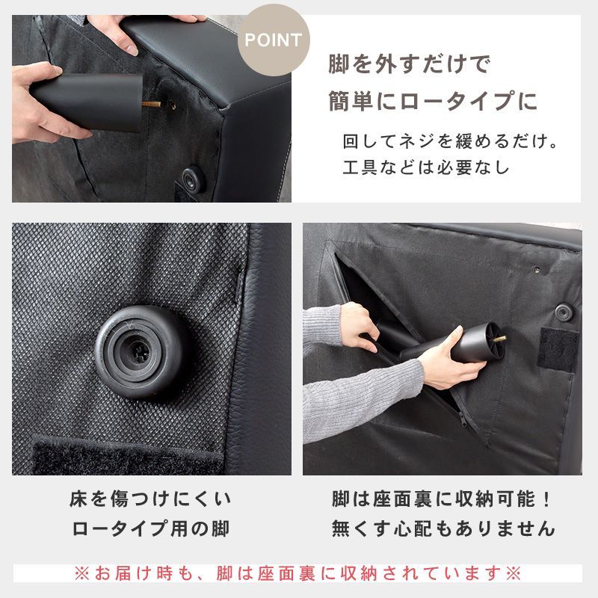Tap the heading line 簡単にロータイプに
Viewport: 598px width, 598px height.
pos(433,100)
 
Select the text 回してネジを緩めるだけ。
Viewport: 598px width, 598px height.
pos(451,141)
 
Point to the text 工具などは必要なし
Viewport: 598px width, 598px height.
pos(426,167)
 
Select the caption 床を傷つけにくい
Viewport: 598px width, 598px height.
pos(151,499)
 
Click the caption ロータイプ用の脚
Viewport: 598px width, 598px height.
pos(151,529)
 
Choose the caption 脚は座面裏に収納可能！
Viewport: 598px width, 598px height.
pos(443,499)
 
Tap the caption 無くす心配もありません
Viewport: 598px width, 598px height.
pos(443,529)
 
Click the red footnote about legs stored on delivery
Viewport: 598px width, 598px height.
pos(298,573)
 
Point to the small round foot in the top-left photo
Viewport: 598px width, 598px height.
pos(192,179)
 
